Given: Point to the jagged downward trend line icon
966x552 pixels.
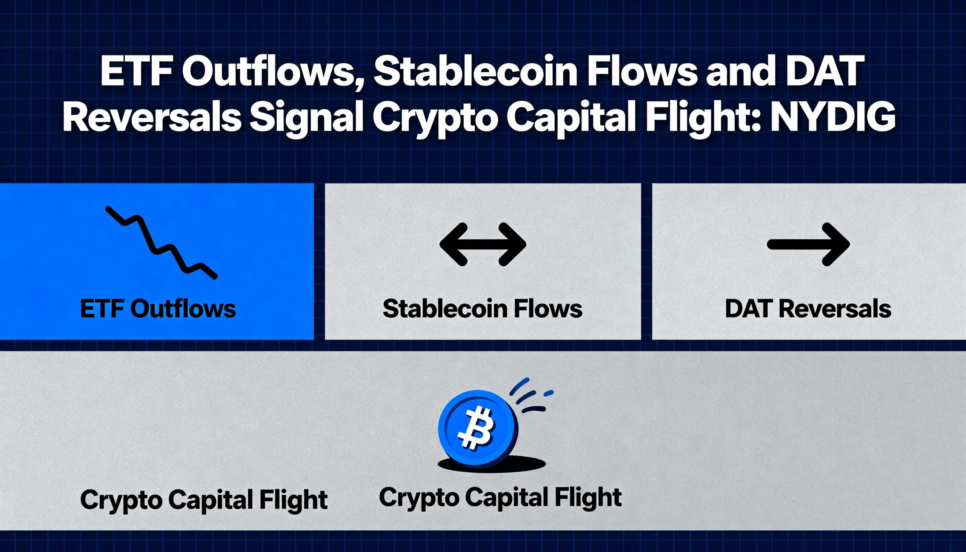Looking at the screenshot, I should [161, 243].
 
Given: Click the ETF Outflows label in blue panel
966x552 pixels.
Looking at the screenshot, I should [158, 309].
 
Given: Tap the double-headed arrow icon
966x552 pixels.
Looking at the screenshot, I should [483, 244].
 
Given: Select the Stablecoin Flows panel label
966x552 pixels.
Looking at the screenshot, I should [482, 309].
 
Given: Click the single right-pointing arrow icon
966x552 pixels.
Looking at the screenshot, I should [808, 244].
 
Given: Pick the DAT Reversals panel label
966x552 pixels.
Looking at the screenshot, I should [808, 309].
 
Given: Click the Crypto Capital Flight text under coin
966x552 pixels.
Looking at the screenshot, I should [500, 497].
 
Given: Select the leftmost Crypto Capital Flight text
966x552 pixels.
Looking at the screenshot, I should [204, 500].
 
